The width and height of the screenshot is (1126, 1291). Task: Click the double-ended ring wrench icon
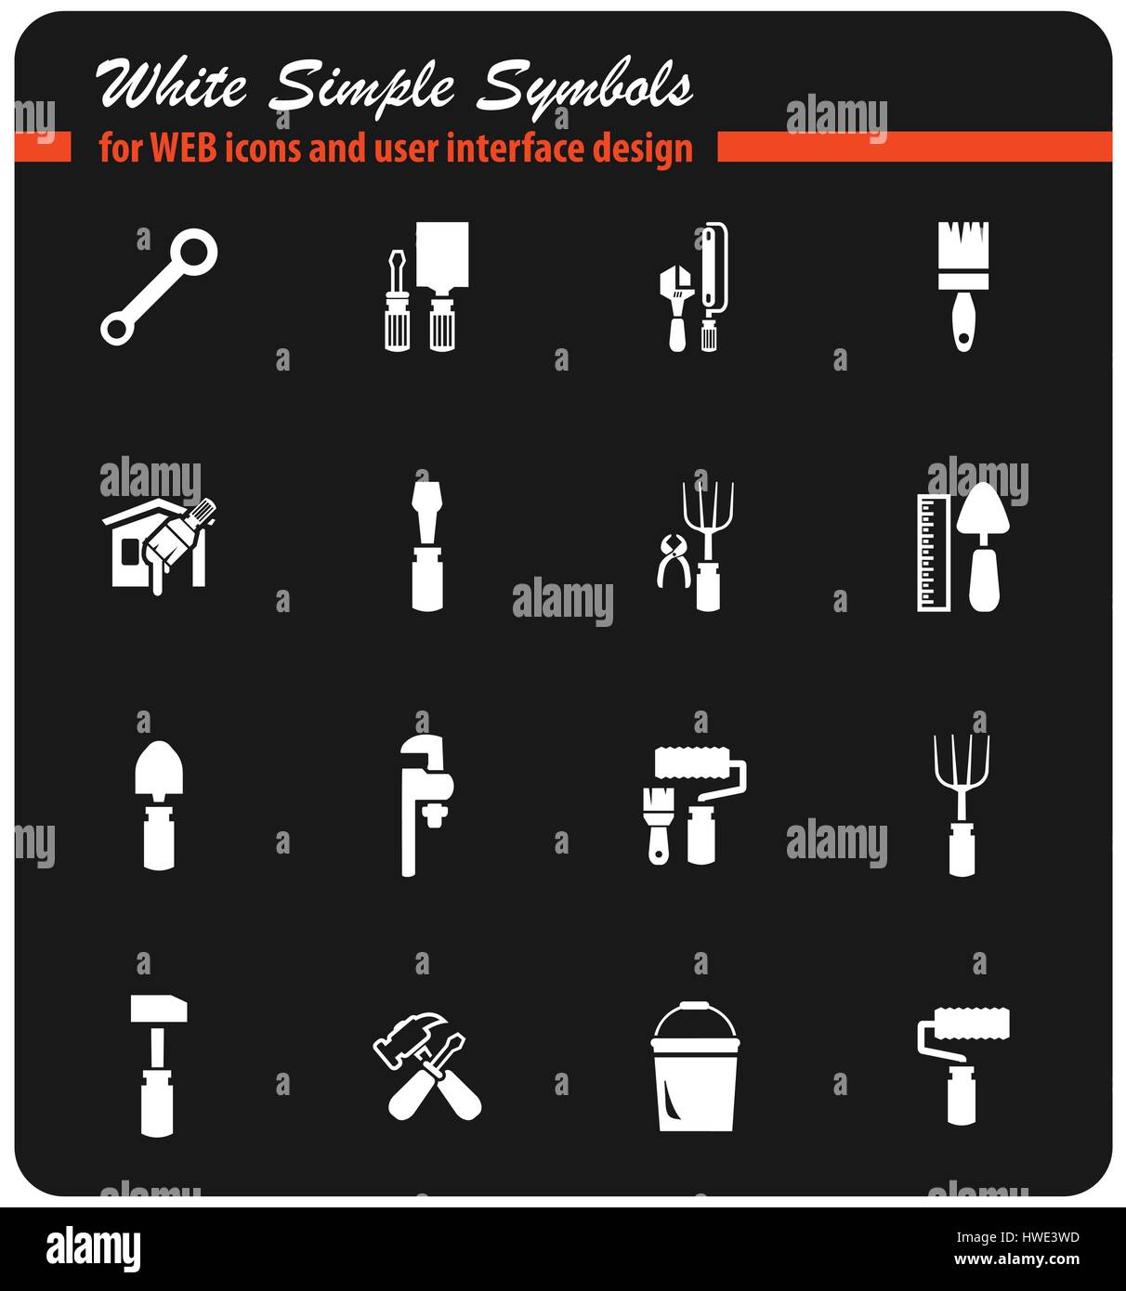pyautogui.click(x=158, y=288)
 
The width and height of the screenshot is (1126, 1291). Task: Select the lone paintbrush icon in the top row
pyautogui.click(x=962, y=285)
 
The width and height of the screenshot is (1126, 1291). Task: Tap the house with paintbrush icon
pyautogui.click(x=158, y=546)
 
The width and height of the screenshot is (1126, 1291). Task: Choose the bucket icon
pyautogui.click(x=696, y=1066)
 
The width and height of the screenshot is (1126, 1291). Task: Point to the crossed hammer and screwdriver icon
pyautogui.click(x=427, y=1064)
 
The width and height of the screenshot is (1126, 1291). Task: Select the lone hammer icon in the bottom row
pyautogui.click(x=158, y=1064)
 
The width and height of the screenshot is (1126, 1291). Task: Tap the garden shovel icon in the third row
pyautogui.click(x=159, y=804)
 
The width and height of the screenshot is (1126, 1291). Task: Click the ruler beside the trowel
pyautogui.click(x=932, y=552)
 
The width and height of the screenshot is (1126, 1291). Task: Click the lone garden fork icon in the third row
pyautogui.click(x=962, y=804)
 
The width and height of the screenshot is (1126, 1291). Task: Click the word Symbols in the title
pyautogui.click(x=585, y=87)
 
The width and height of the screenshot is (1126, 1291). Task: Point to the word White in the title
pyautogui.click(x=173, y=85)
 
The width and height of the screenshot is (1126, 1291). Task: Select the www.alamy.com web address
pyautogui.click(x=1016, y=1260)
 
